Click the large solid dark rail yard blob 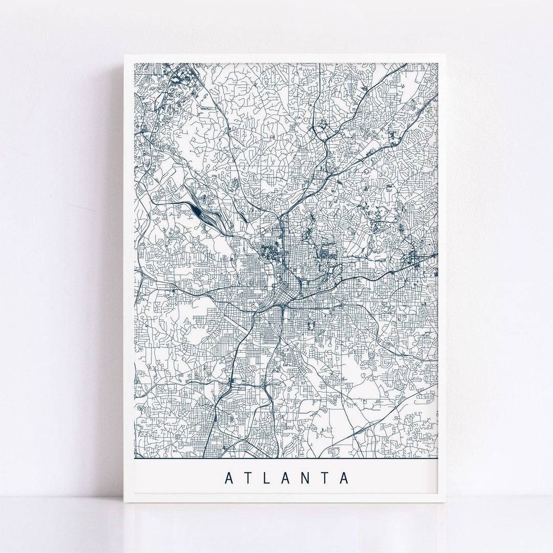click(198, 209)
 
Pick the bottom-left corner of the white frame click(124, 504)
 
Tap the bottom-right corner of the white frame click(448, 504)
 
